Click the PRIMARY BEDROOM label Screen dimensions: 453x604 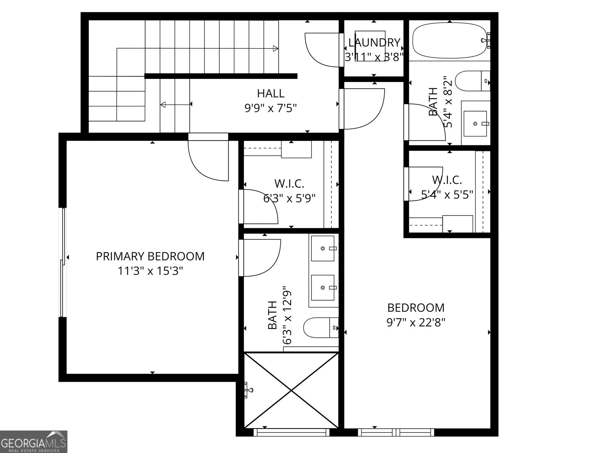(150, 256)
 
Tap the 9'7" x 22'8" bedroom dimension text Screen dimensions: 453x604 (416, 322)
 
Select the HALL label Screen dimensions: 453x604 (271, 93)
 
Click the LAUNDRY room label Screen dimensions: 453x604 (374, 42)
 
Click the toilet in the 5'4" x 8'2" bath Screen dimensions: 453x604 (472, 81)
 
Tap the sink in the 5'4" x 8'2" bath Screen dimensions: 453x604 (475, 123)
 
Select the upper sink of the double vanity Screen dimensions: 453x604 (323, 248)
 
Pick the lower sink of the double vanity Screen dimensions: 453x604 (323, 287)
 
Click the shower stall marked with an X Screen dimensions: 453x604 (291, 390)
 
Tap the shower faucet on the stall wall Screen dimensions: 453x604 (248, 390)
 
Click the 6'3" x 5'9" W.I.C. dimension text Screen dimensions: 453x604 (289, 198)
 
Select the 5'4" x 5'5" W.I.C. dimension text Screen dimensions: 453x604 (447, 195)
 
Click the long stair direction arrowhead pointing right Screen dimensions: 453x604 (276, 48)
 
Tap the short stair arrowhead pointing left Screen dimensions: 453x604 (163, 105)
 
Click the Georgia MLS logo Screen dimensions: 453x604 (34, 441)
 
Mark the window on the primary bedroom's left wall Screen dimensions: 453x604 (63, 262)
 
